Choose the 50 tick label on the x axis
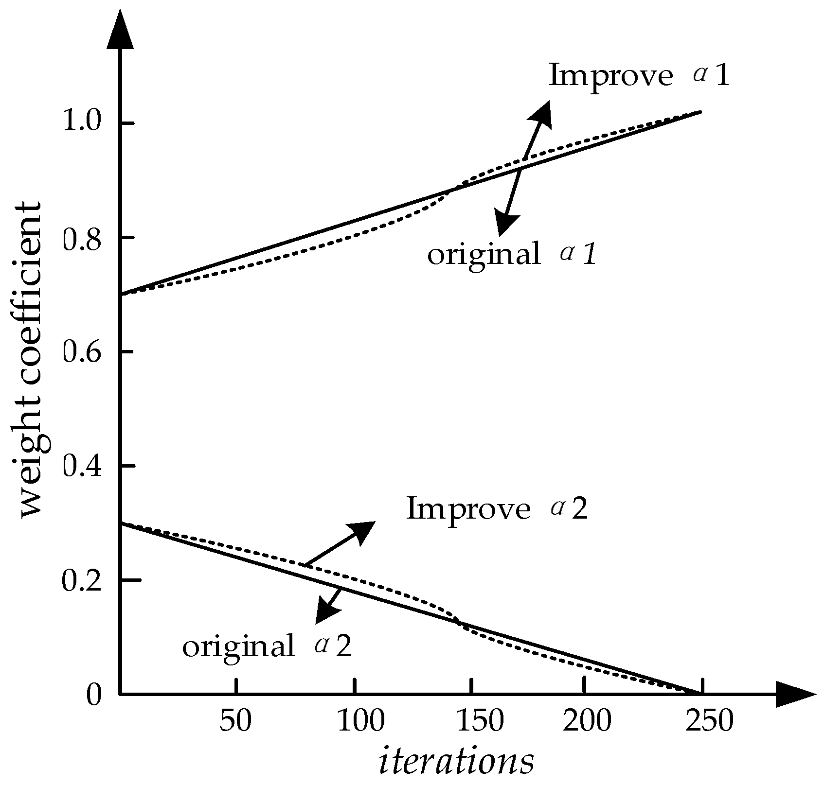(235, 721)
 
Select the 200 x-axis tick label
(587, 721)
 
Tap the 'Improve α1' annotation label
(639, 76)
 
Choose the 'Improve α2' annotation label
(497, 509)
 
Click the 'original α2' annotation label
(267, 646)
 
